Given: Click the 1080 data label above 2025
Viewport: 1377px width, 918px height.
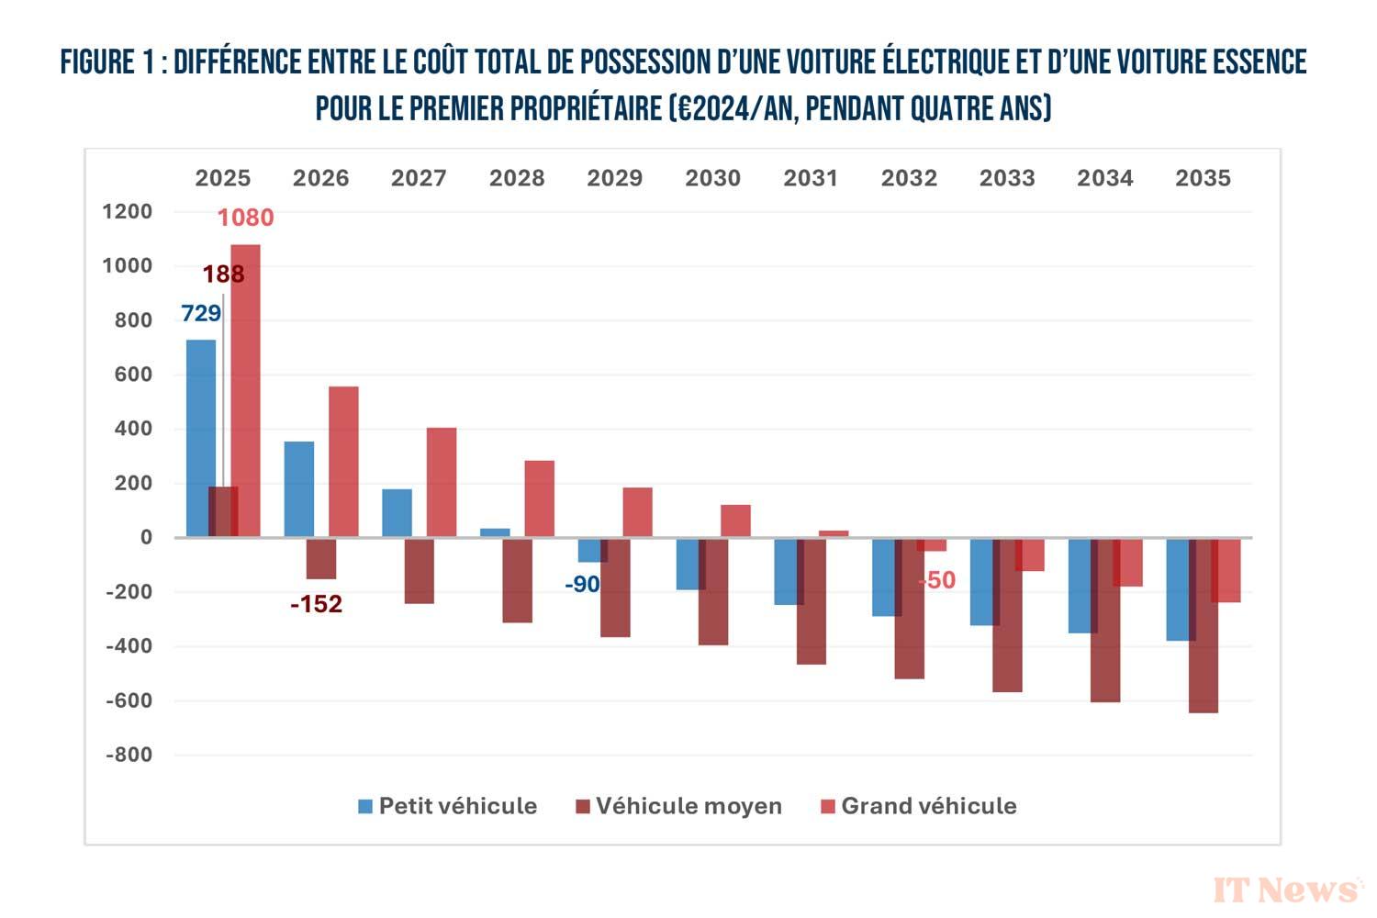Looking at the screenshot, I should (x=245, y=218).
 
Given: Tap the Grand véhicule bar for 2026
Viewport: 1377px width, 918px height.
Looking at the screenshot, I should (x=343, y=461).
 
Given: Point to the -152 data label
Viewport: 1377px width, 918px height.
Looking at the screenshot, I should (x=316, y=604).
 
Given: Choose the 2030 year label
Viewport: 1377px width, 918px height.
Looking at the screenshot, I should (x=712, y=178).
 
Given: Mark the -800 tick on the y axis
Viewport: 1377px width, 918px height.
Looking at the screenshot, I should (x=129, y=756).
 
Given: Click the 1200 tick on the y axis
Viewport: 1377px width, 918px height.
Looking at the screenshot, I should (x=128, y=212).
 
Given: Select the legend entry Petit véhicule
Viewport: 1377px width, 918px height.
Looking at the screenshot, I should (x=447, y=806).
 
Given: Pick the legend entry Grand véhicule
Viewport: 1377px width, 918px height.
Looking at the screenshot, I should (x=919, y=806).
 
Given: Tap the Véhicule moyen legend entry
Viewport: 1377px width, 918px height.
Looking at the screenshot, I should (x=678, y=806).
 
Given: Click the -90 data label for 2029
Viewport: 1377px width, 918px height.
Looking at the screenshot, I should (x=582, y=585).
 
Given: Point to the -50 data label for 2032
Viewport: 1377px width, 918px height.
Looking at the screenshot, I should (x=936, y=580).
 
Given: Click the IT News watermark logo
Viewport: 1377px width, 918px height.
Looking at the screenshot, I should (x=1287, y=889).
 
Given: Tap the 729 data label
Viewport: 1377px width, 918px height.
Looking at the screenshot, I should (x=201, y=314).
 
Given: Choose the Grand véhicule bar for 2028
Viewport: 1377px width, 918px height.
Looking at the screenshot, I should (x=540, y=498).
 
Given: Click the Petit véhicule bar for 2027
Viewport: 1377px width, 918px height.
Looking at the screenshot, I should (x=397, y=513).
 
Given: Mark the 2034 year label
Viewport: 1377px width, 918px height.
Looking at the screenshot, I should (x=1104, y=178).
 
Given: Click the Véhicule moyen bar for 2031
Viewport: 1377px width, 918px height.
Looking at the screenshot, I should (x=812, y=601).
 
